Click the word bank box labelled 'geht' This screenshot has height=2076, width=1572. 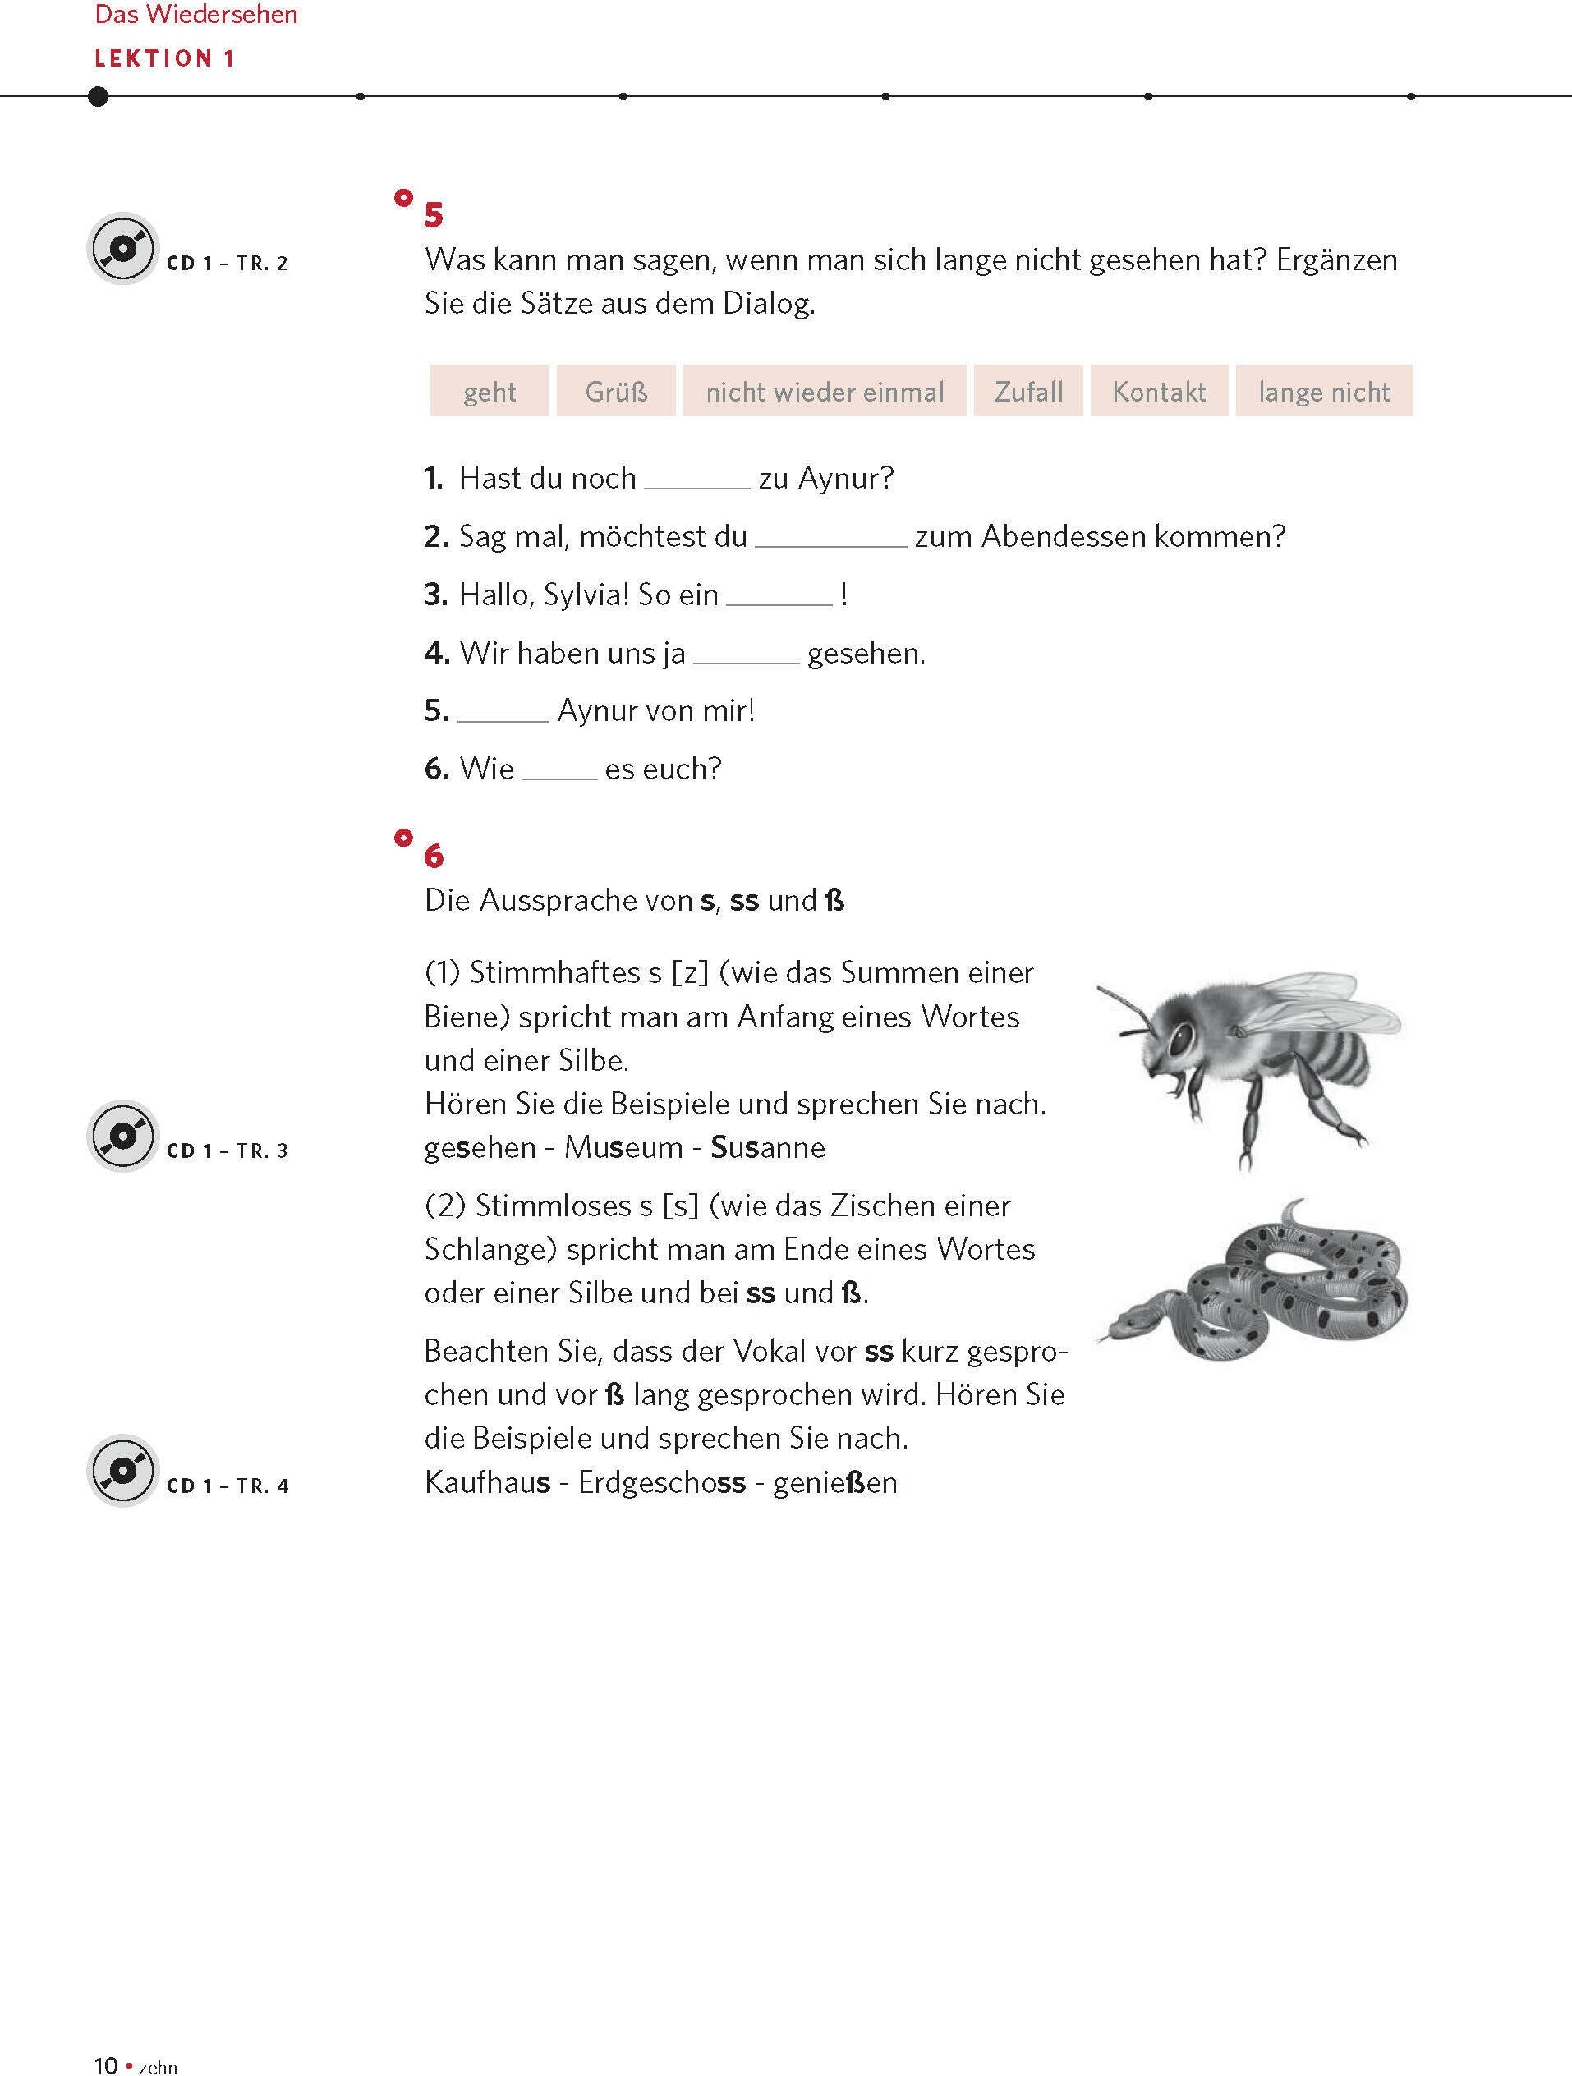pyautogui.click(x=489, y=390)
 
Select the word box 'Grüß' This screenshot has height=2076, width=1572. pyautogui.click(x=616, y=390)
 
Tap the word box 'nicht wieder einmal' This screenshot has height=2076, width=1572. pyautogui.click(x=824, y=390)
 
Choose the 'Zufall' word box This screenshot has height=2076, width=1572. pyautogui.click(x=1028, y=390)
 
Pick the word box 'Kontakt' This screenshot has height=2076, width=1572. pyautogui.click(x=1159, y=390)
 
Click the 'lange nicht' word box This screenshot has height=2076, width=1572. pyautogui.click(x=1324, y=390)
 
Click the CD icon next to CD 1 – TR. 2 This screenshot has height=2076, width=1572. pyautogui.click(x=123, y=249)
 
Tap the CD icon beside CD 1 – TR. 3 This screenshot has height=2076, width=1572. pyautogui.click(x=123, y=1136)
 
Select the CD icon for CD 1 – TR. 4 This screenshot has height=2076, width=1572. pyautogui.click(x=123, y=1471)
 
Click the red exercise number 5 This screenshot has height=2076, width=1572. pyautogui.click(x=434, y=215)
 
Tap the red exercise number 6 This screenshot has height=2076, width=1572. pyautogui.click(x=434, y=855)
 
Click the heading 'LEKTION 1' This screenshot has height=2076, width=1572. pyautogui.click(x=164, y=59)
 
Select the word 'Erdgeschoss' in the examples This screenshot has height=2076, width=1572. pyautogui.click(x=662, y=1482)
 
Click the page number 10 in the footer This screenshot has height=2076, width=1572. pyautogui.click(x=105, y=2065)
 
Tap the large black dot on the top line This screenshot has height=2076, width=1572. pyautogui.click(x=98, y=96)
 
